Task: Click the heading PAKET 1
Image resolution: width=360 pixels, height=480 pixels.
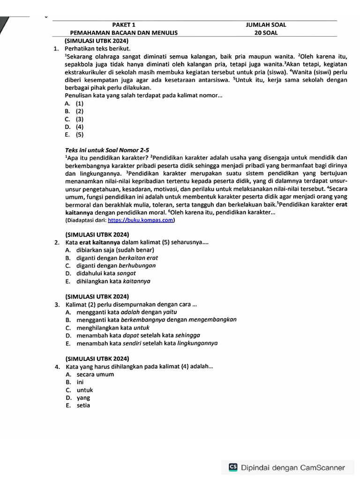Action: [124, 25]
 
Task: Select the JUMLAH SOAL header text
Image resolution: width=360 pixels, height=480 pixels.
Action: [266, 25]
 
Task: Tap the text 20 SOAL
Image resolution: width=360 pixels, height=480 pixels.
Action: [266, 33]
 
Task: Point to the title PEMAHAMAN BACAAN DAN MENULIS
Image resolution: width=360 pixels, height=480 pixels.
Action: [124, 33]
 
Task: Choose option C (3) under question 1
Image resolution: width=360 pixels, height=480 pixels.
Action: [75, 119]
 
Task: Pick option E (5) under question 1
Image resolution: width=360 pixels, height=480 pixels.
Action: [75, 135]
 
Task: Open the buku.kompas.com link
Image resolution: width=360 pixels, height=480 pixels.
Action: [141, 220]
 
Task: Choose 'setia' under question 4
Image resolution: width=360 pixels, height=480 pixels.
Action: [83, 405]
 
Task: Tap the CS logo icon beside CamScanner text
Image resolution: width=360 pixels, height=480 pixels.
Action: [233, 467]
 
